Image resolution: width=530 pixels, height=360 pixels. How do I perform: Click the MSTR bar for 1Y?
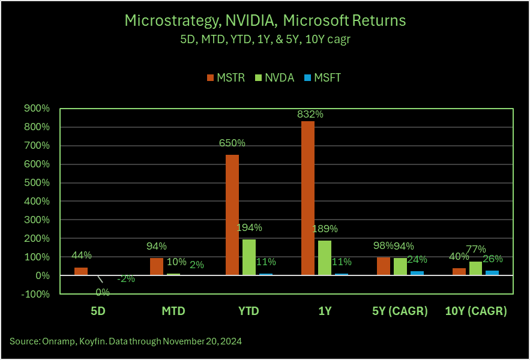pos(308,198)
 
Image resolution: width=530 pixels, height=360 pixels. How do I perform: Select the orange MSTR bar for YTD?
pos(232,215)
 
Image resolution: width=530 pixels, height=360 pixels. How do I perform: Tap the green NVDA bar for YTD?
pos(249,257)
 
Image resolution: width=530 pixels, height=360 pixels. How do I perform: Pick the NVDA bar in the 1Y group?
pos(325,258)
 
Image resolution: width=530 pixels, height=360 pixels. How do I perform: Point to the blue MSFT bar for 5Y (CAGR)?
pos(417,273)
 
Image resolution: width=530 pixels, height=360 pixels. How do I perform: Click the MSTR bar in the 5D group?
pos(81,271)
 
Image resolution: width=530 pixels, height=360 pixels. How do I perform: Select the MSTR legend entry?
pos(226,77)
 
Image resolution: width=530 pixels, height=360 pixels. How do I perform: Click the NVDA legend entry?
pos(275,77)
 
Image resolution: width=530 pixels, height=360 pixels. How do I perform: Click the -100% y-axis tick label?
pos(37,294)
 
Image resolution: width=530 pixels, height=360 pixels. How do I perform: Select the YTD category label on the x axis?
pos(248,311)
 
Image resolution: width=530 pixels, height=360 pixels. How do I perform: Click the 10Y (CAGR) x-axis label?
pos(475,311)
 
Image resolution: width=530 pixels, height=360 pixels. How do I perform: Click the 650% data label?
pos(232,143)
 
